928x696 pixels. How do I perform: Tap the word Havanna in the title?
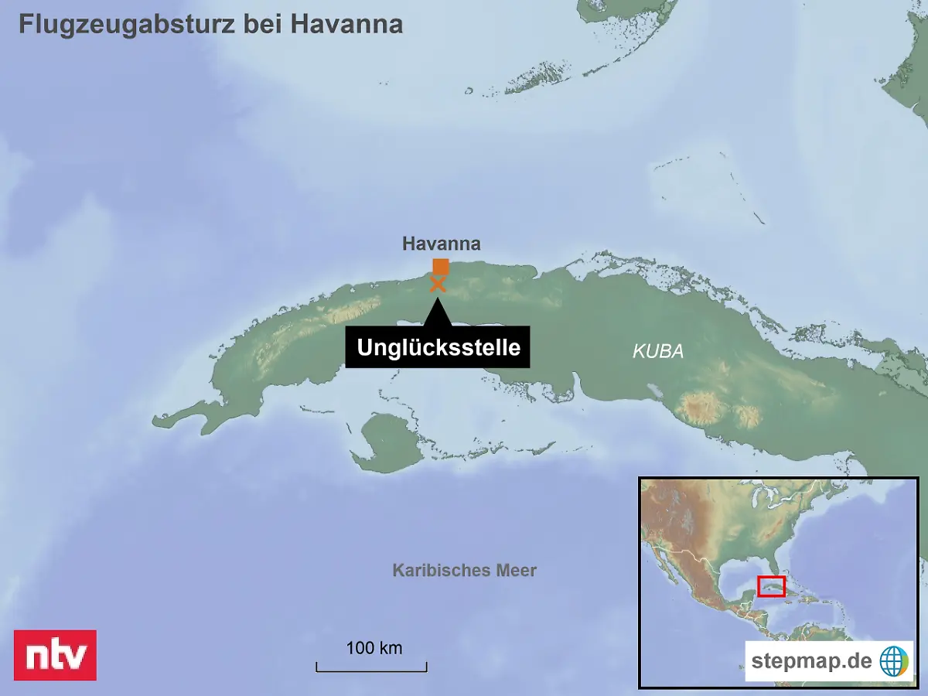(346, 24)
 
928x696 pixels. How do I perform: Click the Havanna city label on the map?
(441, 244)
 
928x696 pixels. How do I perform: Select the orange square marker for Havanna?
(441, 267)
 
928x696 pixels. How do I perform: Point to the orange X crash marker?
(438, 285)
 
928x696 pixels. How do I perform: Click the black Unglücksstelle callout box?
(438, 347)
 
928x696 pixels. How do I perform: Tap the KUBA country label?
(658, 351)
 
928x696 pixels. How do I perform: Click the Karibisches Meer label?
(464, 571)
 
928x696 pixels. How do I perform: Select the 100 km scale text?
(374, 648)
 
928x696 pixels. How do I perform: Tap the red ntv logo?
(55, 655)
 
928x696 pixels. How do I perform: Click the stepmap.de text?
(811, 661)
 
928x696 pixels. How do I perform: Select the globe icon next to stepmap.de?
(893, 661)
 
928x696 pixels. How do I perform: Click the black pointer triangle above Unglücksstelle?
(438, 312)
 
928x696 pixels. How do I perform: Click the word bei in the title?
(263, 24)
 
